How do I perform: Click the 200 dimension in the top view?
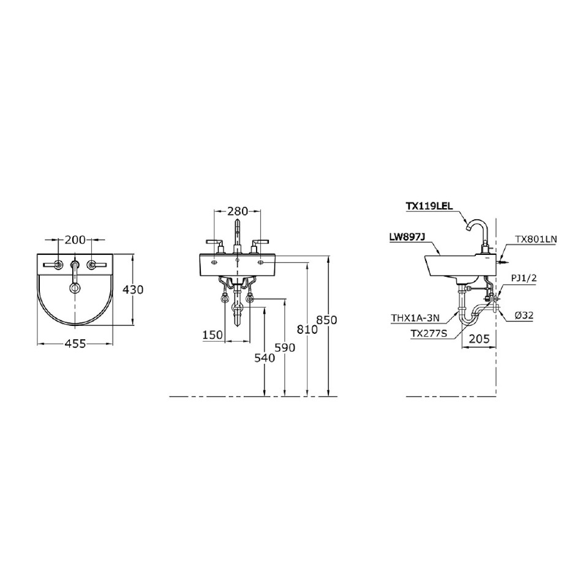coord(75,239)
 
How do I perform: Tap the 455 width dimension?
coord(75,344)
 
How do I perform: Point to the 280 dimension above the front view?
coord(237,211)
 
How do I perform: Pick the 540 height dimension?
coord(263,358)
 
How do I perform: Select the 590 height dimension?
coord(285,347)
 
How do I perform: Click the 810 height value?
coord(307,329)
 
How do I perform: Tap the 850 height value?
coord(328,320)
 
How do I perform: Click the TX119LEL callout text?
coord(429,207)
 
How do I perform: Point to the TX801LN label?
coord(535,239)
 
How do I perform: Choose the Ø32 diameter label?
coord(526,315)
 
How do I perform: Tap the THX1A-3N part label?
coord(415,318)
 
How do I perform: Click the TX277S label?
coord(429,334)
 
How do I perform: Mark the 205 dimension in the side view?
coord(478,338)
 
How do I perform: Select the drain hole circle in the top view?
coord(75,287)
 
